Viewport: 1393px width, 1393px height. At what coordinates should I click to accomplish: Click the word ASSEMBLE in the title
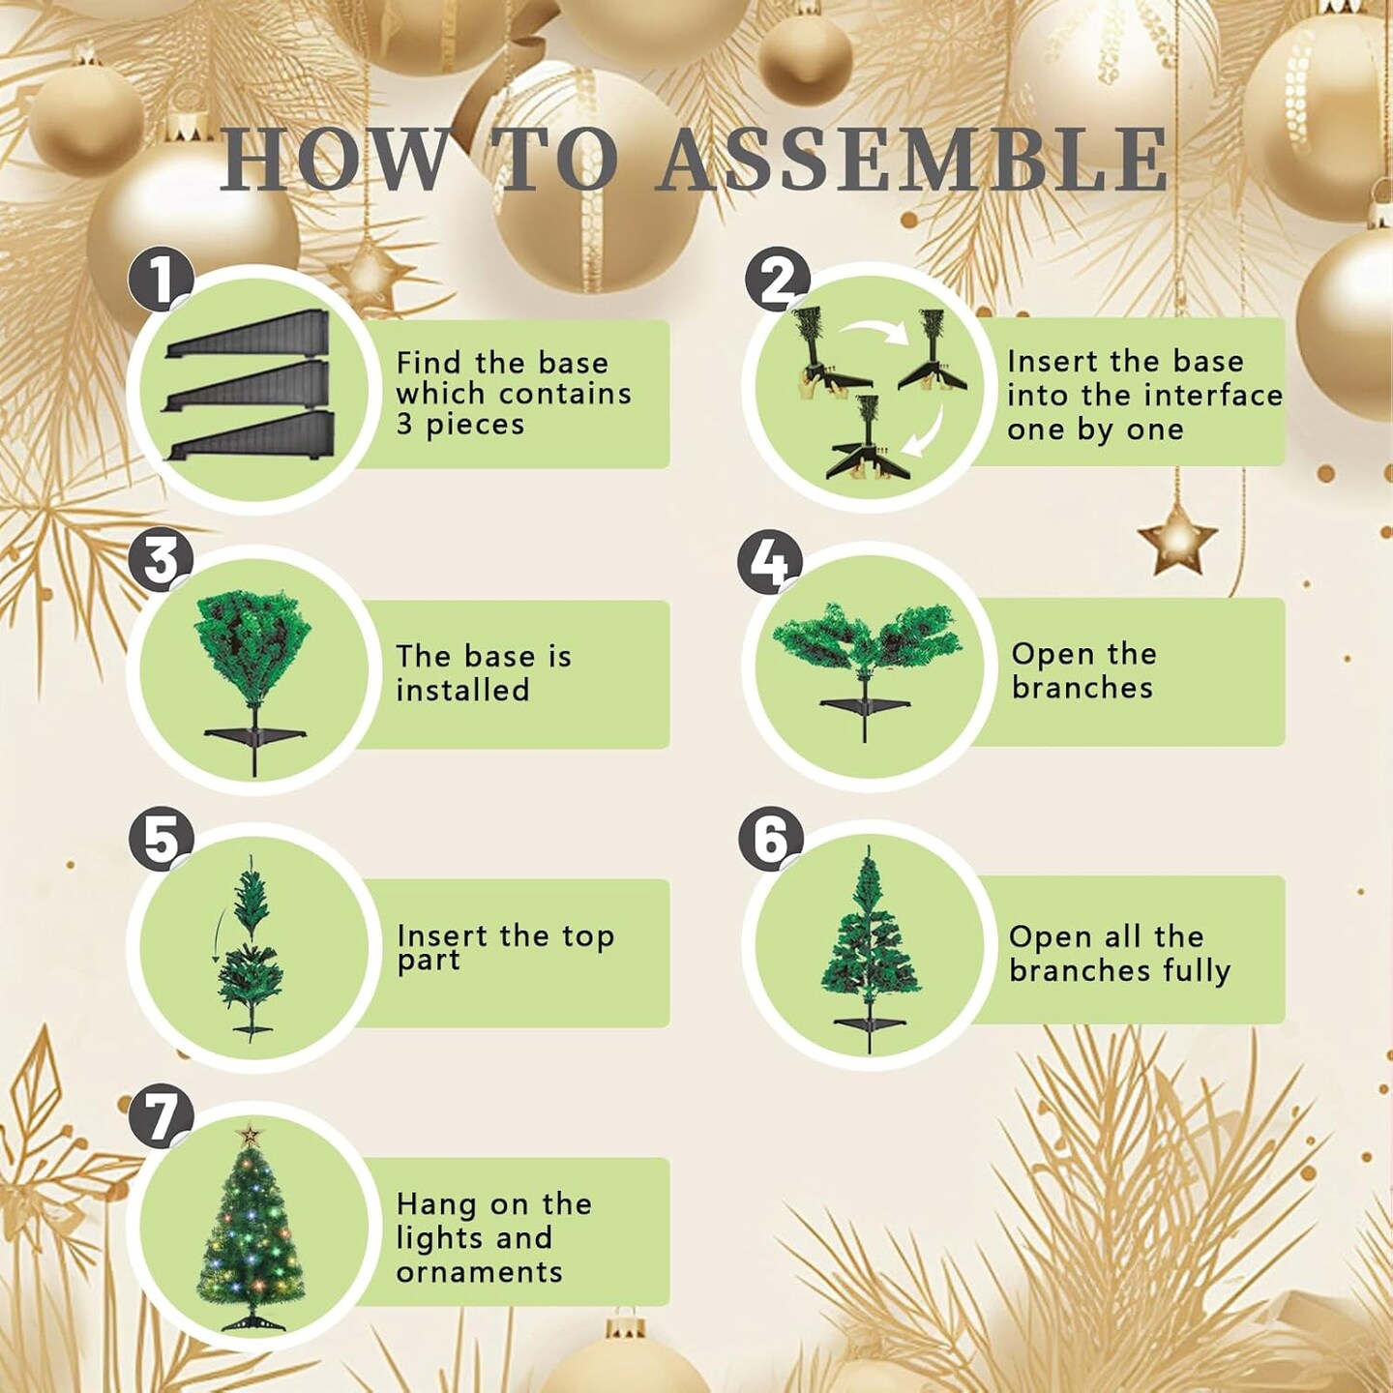point(912,160)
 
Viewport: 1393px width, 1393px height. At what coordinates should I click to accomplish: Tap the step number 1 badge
point(161,279)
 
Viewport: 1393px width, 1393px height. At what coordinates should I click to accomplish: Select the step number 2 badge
point(777,281)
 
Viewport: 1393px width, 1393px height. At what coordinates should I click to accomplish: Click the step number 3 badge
point(161,560)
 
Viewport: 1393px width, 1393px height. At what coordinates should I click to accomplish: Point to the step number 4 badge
point(770,561)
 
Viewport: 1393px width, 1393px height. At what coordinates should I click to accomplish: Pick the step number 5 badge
point(161,839)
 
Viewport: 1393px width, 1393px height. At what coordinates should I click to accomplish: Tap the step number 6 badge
point(770,839)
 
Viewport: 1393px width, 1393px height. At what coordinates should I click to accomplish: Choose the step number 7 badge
point(161,1115)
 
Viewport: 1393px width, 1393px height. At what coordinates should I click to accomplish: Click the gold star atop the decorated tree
point(251,1134)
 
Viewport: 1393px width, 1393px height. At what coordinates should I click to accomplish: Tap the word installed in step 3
point(462,691)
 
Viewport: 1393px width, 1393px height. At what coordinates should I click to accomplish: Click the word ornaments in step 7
point(479,1272)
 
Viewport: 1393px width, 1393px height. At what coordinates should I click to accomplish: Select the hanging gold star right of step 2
point(1177,538)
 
